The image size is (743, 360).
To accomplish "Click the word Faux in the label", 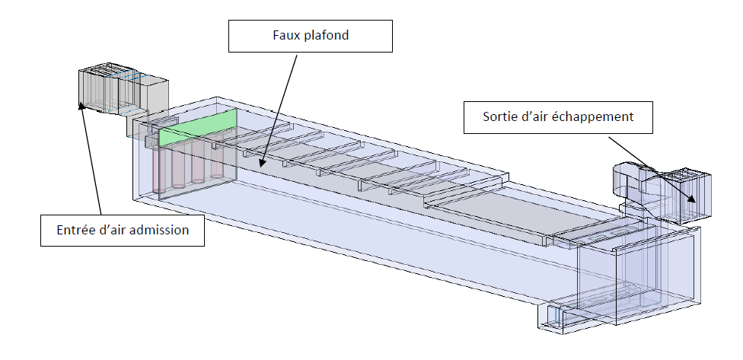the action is pyautogui.click(x=285, y=35).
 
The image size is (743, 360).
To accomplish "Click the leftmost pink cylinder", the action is pyautogui.click(x=158, y=170).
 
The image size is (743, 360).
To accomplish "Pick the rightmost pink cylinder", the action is pyautogui.click(x=216, y=158).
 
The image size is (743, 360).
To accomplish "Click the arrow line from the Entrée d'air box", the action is pyautogui.click(x=91, y=158).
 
